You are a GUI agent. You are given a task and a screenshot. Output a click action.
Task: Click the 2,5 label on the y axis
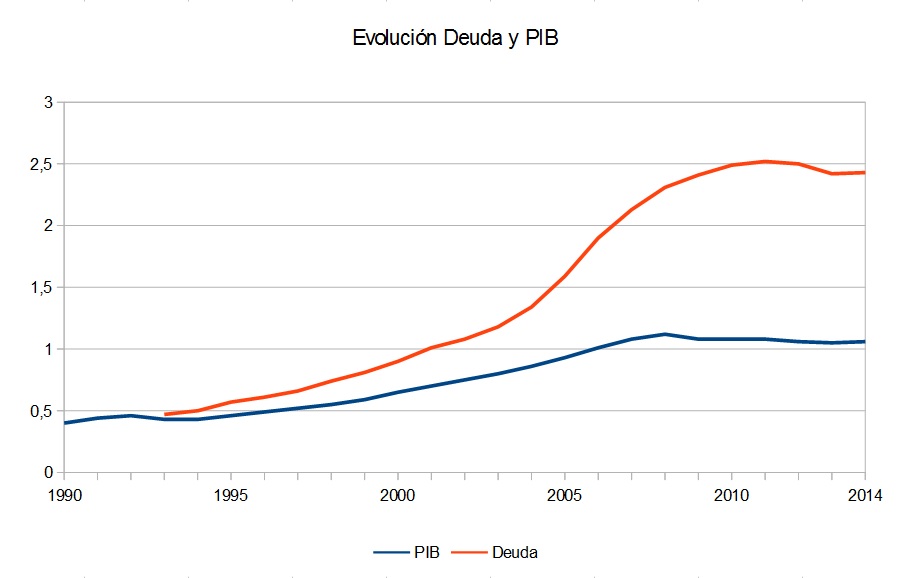42,164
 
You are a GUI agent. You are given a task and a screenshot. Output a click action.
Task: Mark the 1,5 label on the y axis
42,287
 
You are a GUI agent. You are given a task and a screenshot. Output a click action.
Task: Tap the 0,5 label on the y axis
42,411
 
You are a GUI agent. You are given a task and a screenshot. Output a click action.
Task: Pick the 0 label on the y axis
49,472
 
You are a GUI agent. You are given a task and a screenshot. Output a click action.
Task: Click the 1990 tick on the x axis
64,494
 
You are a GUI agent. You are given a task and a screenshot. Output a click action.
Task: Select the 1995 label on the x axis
231,494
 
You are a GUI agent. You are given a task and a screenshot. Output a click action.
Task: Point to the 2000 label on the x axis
398,494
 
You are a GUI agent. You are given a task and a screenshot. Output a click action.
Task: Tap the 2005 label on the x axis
565,494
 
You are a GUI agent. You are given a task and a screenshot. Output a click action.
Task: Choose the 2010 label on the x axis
732,494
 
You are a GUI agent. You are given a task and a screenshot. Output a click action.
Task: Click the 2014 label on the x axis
864,494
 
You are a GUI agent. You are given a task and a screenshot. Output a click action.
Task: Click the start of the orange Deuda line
165,414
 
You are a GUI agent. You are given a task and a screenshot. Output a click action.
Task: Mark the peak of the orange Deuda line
765,161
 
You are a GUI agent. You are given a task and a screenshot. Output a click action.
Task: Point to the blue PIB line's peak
665,334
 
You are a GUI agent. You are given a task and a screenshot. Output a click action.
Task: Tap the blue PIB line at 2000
398,392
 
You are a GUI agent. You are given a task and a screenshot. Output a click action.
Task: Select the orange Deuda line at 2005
565,275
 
